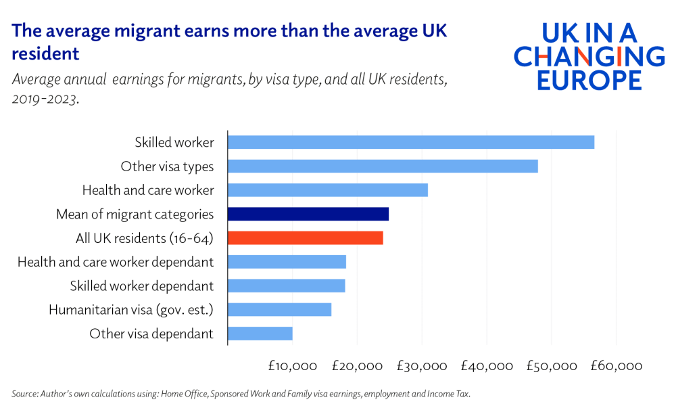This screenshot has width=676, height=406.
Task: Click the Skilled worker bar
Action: click(x=411, y=142)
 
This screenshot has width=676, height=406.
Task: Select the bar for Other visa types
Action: click(x=383, y=166)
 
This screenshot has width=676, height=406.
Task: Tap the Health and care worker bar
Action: click(x=328, y=190)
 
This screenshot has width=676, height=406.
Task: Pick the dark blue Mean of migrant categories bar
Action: click(x=308, y=214)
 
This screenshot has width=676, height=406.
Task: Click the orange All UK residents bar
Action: click(x=306, y=238)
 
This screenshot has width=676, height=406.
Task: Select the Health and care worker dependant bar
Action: click(x=287, y=262)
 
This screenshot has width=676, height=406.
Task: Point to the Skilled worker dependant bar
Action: click(x=287, y=286)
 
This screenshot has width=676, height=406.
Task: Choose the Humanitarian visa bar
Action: click(x=279, y=309)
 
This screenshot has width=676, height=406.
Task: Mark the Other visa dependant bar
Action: click(x=260, y=334)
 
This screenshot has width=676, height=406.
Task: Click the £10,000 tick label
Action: click(x=292, y=366)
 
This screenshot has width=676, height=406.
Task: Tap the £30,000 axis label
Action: click(x=422, y=366)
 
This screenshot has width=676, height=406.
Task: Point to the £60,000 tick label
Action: click(x=616, y=366)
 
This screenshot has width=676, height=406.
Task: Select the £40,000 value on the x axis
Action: click(x=486, y=366)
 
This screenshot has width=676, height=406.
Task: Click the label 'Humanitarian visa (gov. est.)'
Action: click(x=131, y=310)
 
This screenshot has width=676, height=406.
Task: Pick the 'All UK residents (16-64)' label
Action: click(x=145, y=238)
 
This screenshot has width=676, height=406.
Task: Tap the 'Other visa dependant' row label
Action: click(x=151, y=334)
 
